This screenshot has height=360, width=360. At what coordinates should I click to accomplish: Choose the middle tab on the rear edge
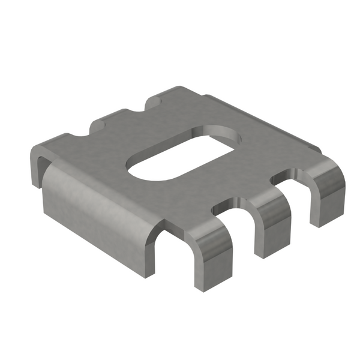pos(111,120)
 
